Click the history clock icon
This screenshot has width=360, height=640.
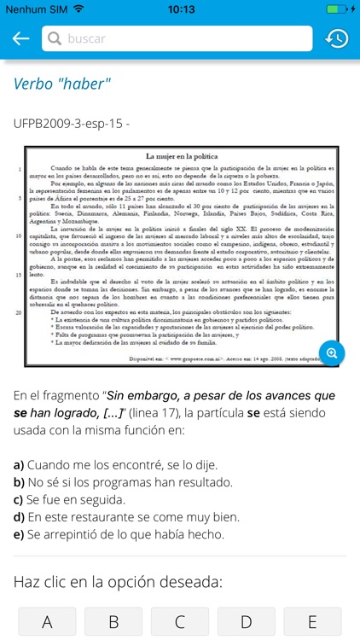coord(336,38)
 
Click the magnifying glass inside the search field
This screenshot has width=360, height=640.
coord(55,38)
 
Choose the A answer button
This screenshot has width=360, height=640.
coord(47,622)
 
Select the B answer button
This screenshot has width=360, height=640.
coord(113,622)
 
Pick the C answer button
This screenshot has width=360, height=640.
coord(180,622)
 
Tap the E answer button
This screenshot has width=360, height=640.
coord(313,622)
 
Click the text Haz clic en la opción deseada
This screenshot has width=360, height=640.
coord(117,582)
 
